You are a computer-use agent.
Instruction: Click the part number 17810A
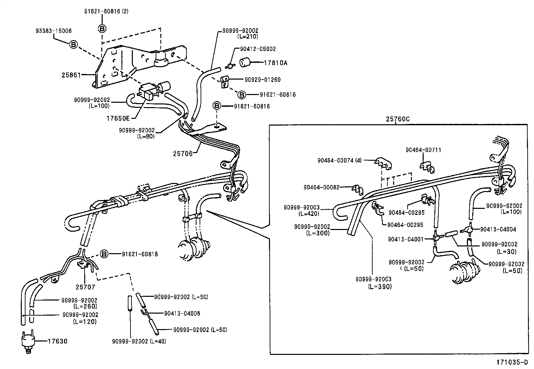(276, 63)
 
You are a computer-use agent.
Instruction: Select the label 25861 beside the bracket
(71, 75)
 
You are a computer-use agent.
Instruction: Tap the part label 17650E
(118, 118)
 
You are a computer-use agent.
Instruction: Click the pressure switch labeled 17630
(27, 341)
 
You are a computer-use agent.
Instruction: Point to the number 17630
(57, 341)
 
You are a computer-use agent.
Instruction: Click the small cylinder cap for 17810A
(246, 62)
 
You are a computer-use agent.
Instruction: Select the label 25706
(183, 153)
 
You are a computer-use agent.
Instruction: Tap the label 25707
(85, 287)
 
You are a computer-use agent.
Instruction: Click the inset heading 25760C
(398, 119)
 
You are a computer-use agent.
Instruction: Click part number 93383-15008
(53, 31)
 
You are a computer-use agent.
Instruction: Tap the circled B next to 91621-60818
(104, 254)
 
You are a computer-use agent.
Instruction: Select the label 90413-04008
(182, 313)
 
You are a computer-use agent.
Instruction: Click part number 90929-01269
(263, 80)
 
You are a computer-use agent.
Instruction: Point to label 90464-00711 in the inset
(423, 150)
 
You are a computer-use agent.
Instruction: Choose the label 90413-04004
(498, 229)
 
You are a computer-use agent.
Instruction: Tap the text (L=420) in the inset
(309, 214)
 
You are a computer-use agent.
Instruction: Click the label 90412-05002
(258, 49)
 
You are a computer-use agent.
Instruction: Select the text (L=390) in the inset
(380, 286)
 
